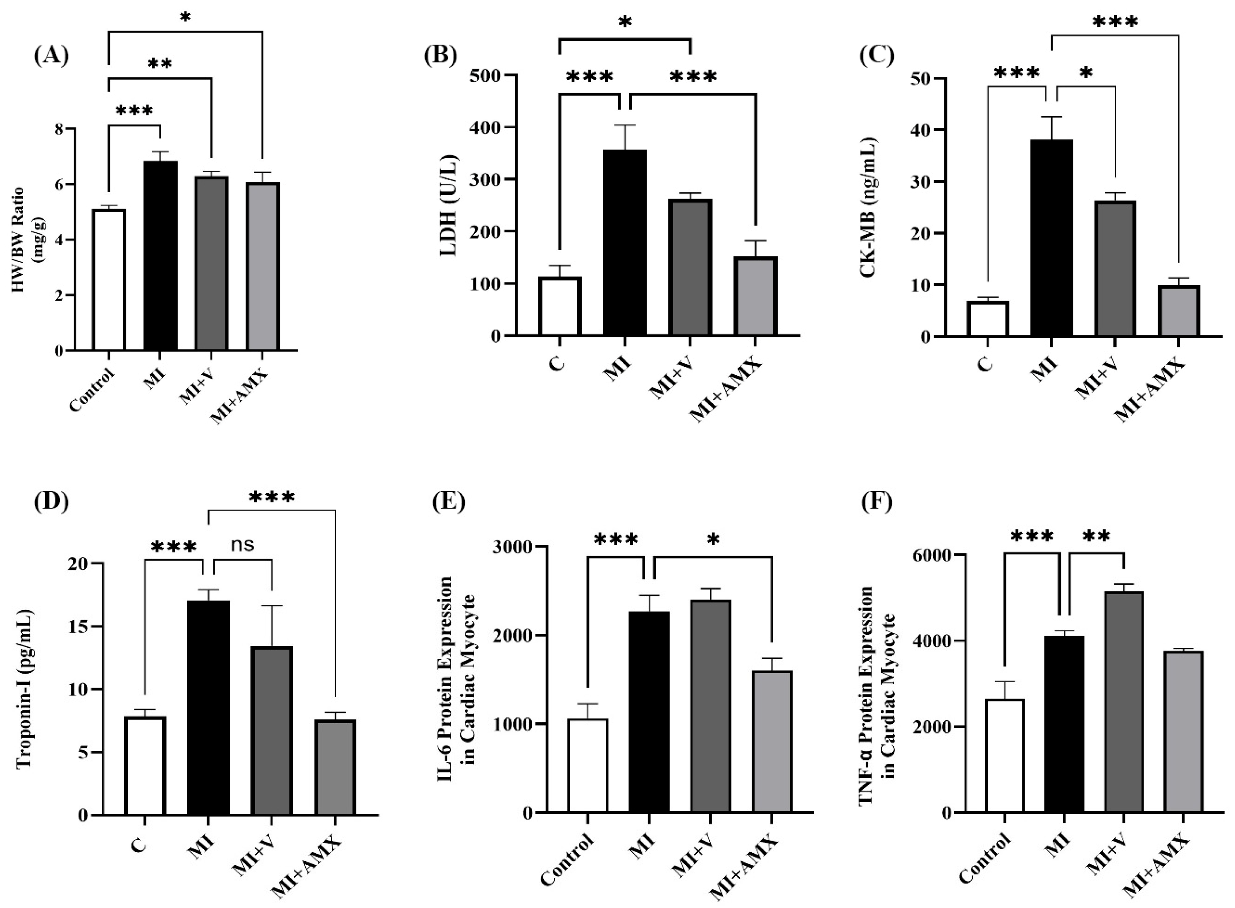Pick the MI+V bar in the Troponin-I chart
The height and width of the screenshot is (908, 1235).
click(x=272, y=731)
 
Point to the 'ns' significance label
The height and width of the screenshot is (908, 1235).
click(x=242, y=544)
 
